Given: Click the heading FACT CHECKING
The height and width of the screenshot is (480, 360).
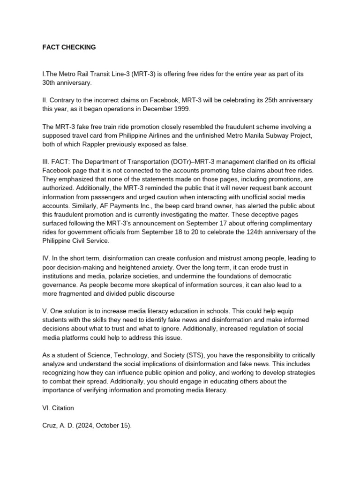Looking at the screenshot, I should [69, 47].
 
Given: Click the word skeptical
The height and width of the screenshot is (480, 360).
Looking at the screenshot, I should [181, 285].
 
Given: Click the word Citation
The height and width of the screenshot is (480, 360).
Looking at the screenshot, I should [62, 408].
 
